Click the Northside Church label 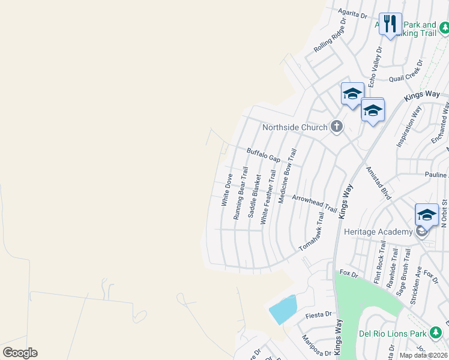[295, 127]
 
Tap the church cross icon [337, 127]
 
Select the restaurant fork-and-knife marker [390, 24]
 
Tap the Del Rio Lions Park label [392, 334]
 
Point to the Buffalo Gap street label [264, 155]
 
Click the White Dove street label [226, 190]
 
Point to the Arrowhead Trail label [314, 205]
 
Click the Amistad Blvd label [379, 183]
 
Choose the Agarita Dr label [352, 13]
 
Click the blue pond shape [283, 310]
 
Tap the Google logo [20, 353]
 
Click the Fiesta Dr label [318, 314]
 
